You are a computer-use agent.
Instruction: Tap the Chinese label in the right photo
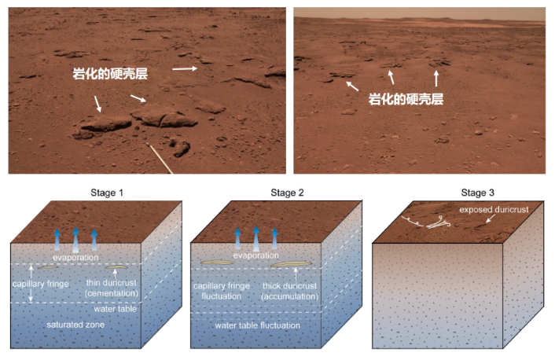pos(406,100)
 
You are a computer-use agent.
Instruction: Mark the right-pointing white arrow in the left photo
pos(185,69)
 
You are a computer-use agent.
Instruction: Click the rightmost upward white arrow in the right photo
pos(436,77)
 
